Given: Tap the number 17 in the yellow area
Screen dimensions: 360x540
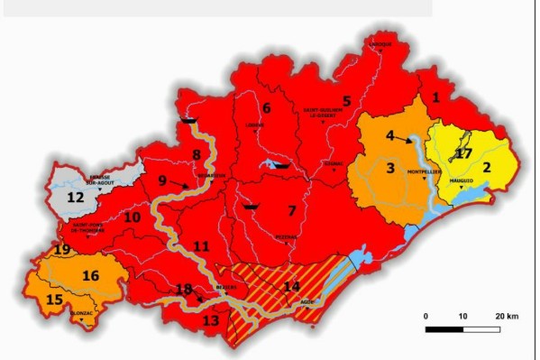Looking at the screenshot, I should tap(463, 153).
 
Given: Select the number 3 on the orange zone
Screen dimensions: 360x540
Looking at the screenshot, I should tap(390, 167).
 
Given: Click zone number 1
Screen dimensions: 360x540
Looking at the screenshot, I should tap(436, 97).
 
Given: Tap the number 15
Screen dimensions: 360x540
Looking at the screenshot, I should tap(54, 299).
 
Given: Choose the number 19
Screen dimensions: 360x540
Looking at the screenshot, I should tap(62, 250).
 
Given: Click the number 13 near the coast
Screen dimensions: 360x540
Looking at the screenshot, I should tap(211, 320).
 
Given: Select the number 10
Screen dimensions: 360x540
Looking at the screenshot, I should tap(133, 217).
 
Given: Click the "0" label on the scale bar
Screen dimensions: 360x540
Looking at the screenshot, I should tap(426, 316).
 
